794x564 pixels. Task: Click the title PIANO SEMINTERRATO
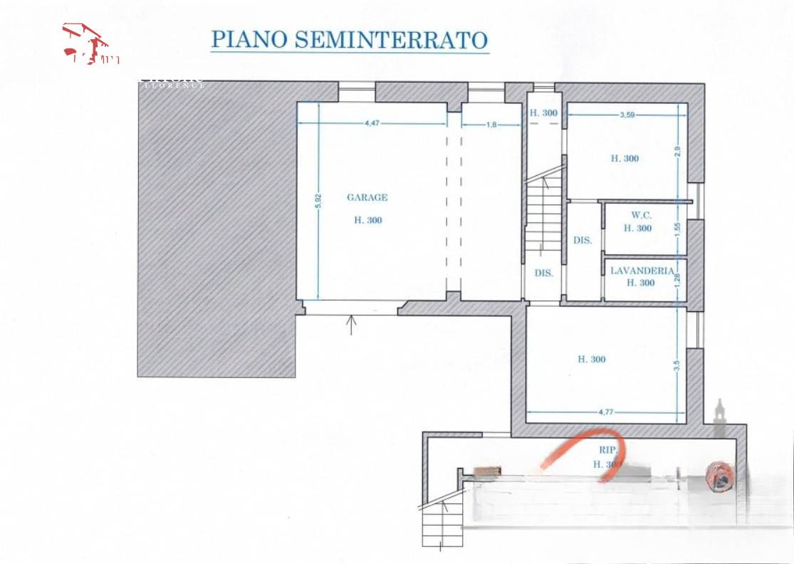(x=349, y=39)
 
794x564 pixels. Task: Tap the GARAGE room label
(x=367, y=198)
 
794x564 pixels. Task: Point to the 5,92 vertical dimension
(x=320, y=202)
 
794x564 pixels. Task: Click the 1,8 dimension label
(x=491, y=124)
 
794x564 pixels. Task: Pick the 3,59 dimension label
(x=627, y=114)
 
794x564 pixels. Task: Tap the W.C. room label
(x=637, y=215)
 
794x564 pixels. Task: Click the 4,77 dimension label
(x=606, y=411)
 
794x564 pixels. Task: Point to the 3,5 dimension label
(x=677, y=365)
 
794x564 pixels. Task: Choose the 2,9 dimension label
(x=678, y=151)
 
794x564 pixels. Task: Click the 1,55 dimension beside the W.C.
(x=678, y=229)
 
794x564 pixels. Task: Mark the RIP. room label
(x=607, y=450)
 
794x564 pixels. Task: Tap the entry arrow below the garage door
(x=350, y=324)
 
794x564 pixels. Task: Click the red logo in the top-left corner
(x=89, y=44)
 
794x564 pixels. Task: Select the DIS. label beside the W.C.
(x=583, y=241)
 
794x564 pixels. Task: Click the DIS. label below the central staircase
(x=544, y=273)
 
